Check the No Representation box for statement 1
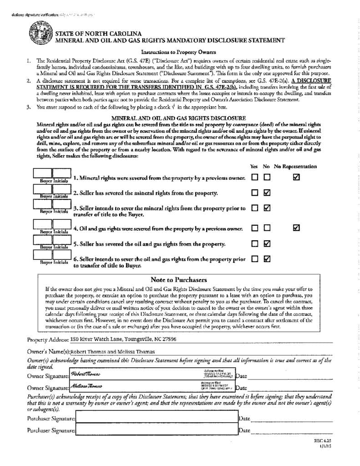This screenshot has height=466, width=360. tap(296, 177)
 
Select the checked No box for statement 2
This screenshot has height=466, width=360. tap(267, 192)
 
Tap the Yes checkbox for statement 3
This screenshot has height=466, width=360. tap(255, 208)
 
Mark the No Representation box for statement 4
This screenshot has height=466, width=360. tap(296, 228)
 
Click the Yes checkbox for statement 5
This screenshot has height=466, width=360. tap(255, 243)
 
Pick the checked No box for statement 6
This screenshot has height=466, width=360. tap(267, 258)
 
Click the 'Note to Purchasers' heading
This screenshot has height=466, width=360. tap(178, 280)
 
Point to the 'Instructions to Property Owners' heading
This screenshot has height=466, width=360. tap(178, 52)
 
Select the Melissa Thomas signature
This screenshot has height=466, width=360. tap(86, 386)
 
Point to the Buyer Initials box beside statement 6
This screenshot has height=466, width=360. tap(52, 256)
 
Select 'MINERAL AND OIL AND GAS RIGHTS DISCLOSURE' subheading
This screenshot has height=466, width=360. tap(178, 118)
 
